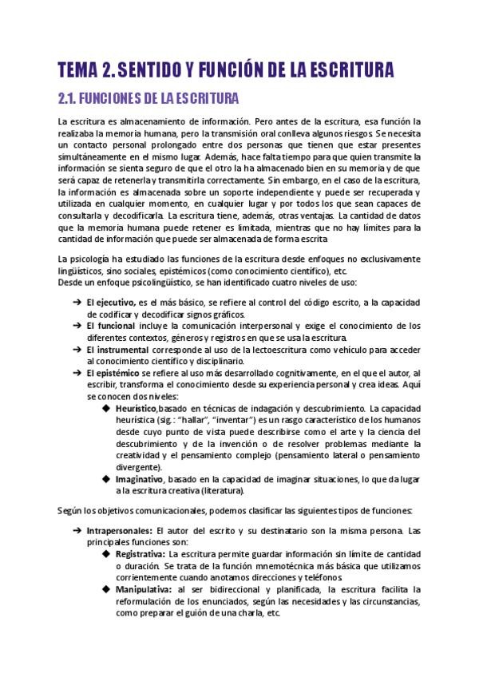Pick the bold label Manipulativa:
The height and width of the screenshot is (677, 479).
tap(143, 589)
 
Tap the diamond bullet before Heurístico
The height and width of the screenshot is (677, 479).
tap(106, 408)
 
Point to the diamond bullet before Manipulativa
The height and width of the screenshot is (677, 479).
tap(106, 589)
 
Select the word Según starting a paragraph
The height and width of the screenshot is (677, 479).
tap(70, 509)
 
